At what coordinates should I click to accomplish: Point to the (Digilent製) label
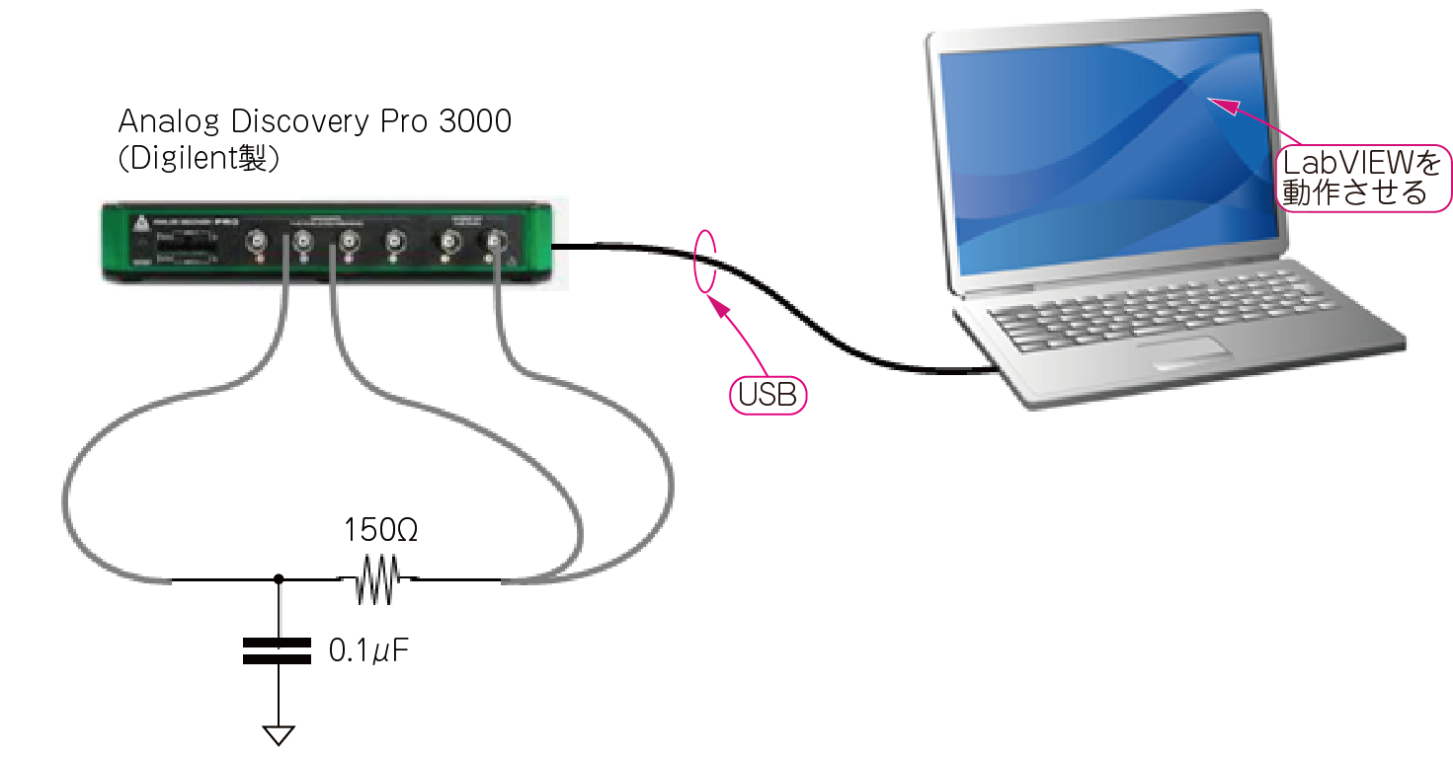click(x=198, y=159)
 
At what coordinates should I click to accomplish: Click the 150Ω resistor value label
click(x=380, y=531)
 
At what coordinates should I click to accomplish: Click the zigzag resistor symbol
click(x=376, y=580)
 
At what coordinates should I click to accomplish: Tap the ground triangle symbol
click(x=279, y=734)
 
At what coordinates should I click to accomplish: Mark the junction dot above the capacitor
click(x=279, y=579)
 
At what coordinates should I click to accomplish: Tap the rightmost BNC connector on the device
click(x=492, y=240)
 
